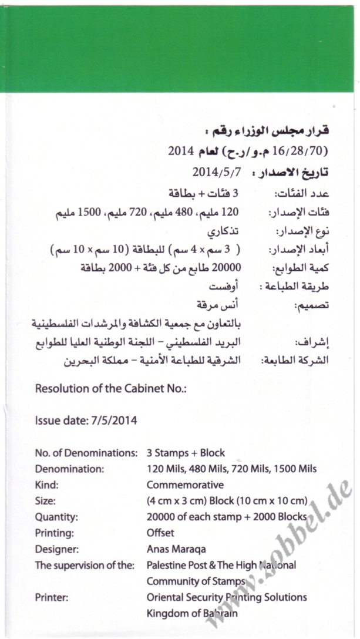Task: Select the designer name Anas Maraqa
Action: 176,549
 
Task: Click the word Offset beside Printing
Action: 160,533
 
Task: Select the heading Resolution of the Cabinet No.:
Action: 110,389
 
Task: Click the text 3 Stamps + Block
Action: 186,453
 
